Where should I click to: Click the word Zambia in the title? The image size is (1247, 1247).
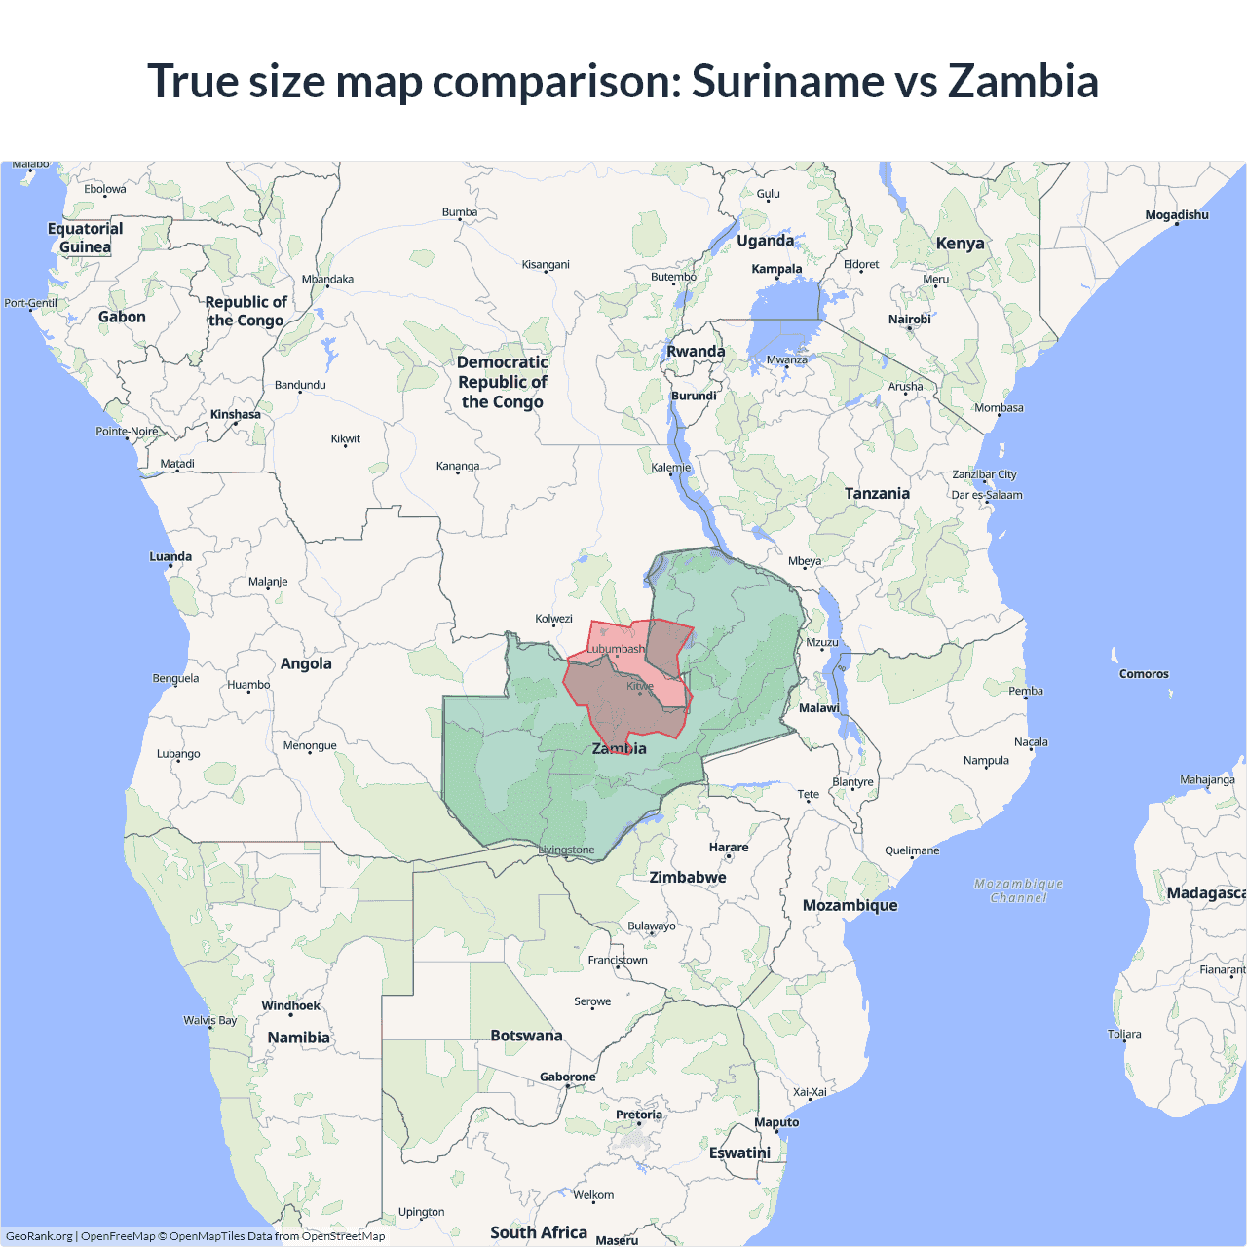1023,81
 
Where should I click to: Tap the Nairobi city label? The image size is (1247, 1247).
909,320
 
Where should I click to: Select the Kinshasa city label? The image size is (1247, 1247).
235,414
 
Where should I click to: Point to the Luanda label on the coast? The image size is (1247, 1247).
170,557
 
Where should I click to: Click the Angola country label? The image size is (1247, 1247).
306,663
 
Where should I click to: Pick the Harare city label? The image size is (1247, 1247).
729,848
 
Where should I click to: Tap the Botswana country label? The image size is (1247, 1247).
526,1036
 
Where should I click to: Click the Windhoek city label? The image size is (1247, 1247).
290,1005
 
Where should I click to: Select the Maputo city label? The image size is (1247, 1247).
776,1122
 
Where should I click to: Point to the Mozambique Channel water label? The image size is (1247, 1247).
1018,890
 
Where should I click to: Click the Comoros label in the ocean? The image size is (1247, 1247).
1144,674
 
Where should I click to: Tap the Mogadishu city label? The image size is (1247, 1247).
1176,215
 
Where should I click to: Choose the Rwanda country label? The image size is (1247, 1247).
696,352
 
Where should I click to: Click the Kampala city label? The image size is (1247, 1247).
776,269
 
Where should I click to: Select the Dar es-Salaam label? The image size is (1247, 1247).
987,495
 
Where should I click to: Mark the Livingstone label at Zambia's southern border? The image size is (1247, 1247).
566,850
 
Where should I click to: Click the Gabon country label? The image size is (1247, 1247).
122,317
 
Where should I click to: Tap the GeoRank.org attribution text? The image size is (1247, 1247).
39,1236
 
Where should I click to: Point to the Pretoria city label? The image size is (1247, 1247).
638,1115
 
